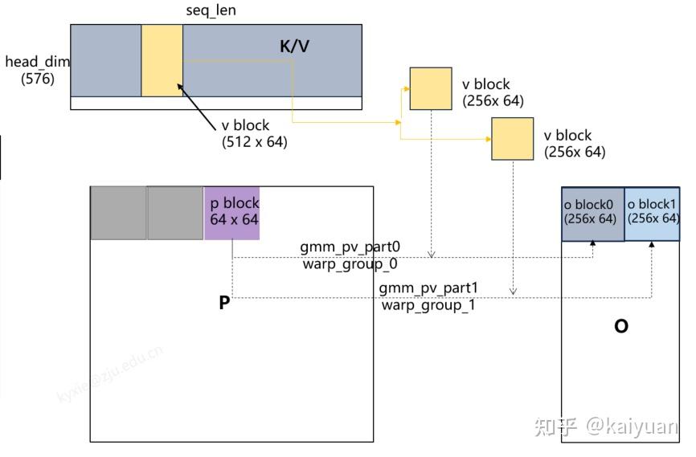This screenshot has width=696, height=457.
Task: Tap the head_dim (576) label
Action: pyautogui.click(x=35, y=70)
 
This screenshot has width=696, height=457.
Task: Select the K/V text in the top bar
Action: pyautogui.click(x=294, y=47)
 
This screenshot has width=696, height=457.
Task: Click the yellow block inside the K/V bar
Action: pyautogui.click(x=162, y=60)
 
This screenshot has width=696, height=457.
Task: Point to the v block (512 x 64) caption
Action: pyautogui.click(x=254, y=134)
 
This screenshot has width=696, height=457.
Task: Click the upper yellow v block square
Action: pyautogui.click(x=431, y=88)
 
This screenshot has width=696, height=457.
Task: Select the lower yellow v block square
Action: pyautogui.click(x=513, y=138)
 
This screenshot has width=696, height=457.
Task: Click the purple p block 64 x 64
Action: pyautogui.click(x=231, y=213)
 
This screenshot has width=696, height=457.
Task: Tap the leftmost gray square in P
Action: pyautogui.click(x=118, y=213)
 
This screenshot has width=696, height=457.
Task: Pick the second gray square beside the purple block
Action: pyautogui.click(x=175, y=213)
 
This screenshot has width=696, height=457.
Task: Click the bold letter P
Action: pyautogui.click(x=224, y=304)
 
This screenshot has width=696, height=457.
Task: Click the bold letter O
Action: pyautogui.click(x=620, y=327)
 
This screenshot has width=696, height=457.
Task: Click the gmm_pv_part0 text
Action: pyautogui.click(x=350, y=247)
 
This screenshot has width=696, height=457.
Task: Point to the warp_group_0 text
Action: pyautogui.click(x=350, y=263)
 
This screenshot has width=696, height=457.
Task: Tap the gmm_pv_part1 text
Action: pyautogui.click(x=428, y=288)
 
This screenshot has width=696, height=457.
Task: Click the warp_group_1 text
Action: pyautogui.click(x=428, y=305)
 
